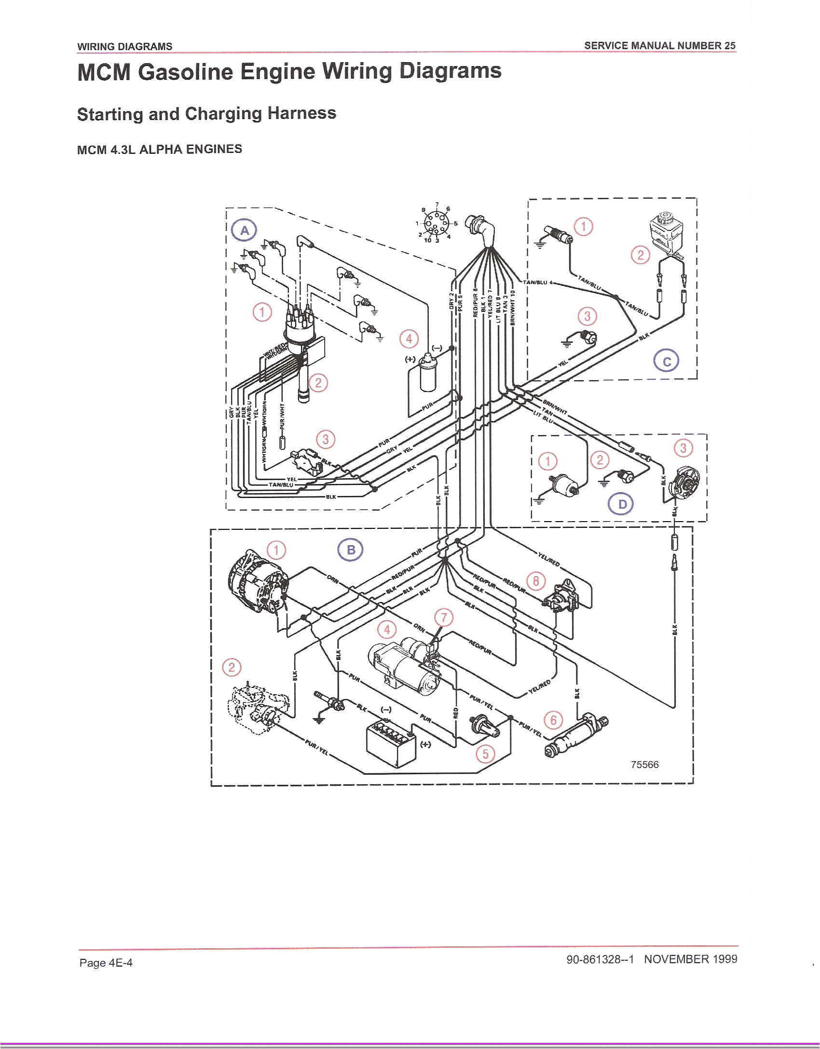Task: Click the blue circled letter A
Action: pyautogui.click(x=244, y=230)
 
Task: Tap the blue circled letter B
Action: pyautogui.click(x=351, y=550)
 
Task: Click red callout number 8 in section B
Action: pyautogui.click(x=536, y=581)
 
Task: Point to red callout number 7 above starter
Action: pyautogui.click(x=444, y=618)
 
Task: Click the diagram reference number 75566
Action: pyautogui.click(x=644, y=765)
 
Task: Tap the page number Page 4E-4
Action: pyautogui.click(x=106, y=963)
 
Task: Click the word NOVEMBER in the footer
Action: pyautogui.click(x=676, y=959)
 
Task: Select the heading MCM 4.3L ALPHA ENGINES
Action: pyautogui.click(x=159, y=149)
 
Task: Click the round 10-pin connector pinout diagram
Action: pyautogui.click(x=436, y=223)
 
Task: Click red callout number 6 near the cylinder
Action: pyautogui.click(x=553, y=720)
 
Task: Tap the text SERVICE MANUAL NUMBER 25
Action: pyautogui.click(x=659, y=46)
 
